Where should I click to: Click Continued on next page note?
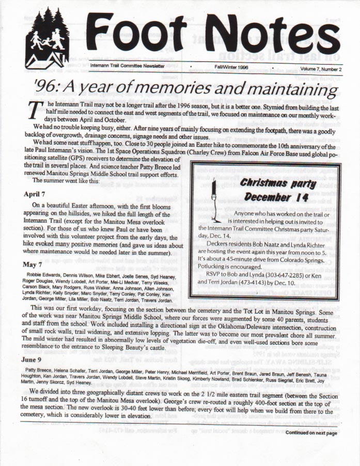pyautogui.click(x=311, y=433)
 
